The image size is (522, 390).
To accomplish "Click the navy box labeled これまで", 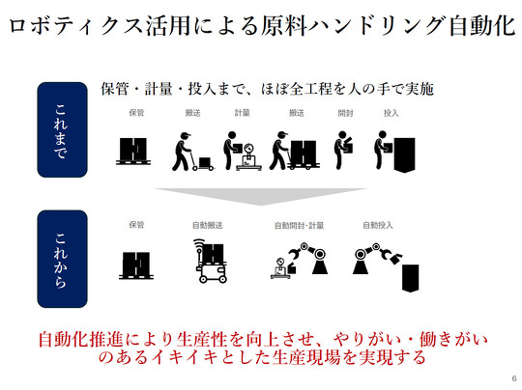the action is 62,129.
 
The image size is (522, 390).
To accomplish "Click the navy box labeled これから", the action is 62,259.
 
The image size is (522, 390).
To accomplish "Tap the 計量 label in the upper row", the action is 242,113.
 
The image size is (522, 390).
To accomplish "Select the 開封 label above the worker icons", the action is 345,113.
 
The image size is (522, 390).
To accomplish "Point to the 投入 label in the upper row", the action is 391,113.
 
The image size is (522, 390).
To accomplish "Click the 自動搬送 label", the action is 208,225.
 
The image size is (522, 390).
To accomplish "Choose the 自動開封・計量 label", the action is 299,226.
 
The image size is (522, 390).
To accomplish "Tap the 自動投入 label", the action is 378,225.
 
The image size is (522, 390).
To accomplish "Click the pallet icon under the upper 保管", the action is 133,151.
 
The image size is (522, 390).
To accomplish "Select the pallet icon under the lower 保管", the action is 136,265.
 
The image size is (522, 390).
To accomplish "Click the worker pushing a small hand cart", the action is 192,152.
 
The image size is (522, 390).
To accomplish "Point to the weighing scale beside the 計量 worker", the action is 248,157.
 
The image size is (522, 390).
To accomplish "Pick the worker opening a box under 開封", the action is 343,150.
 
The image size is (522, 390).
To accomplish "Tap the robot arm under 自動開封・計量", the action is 308,258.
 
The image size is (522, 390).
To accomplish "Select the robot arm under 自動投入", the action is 377,258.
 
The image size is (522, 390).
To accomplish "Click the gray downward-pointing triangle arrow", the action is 261,196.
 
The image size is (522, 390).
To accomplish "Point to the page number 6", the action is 514,378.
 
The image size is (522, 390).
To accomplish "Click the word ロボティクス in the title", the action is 76,26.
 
